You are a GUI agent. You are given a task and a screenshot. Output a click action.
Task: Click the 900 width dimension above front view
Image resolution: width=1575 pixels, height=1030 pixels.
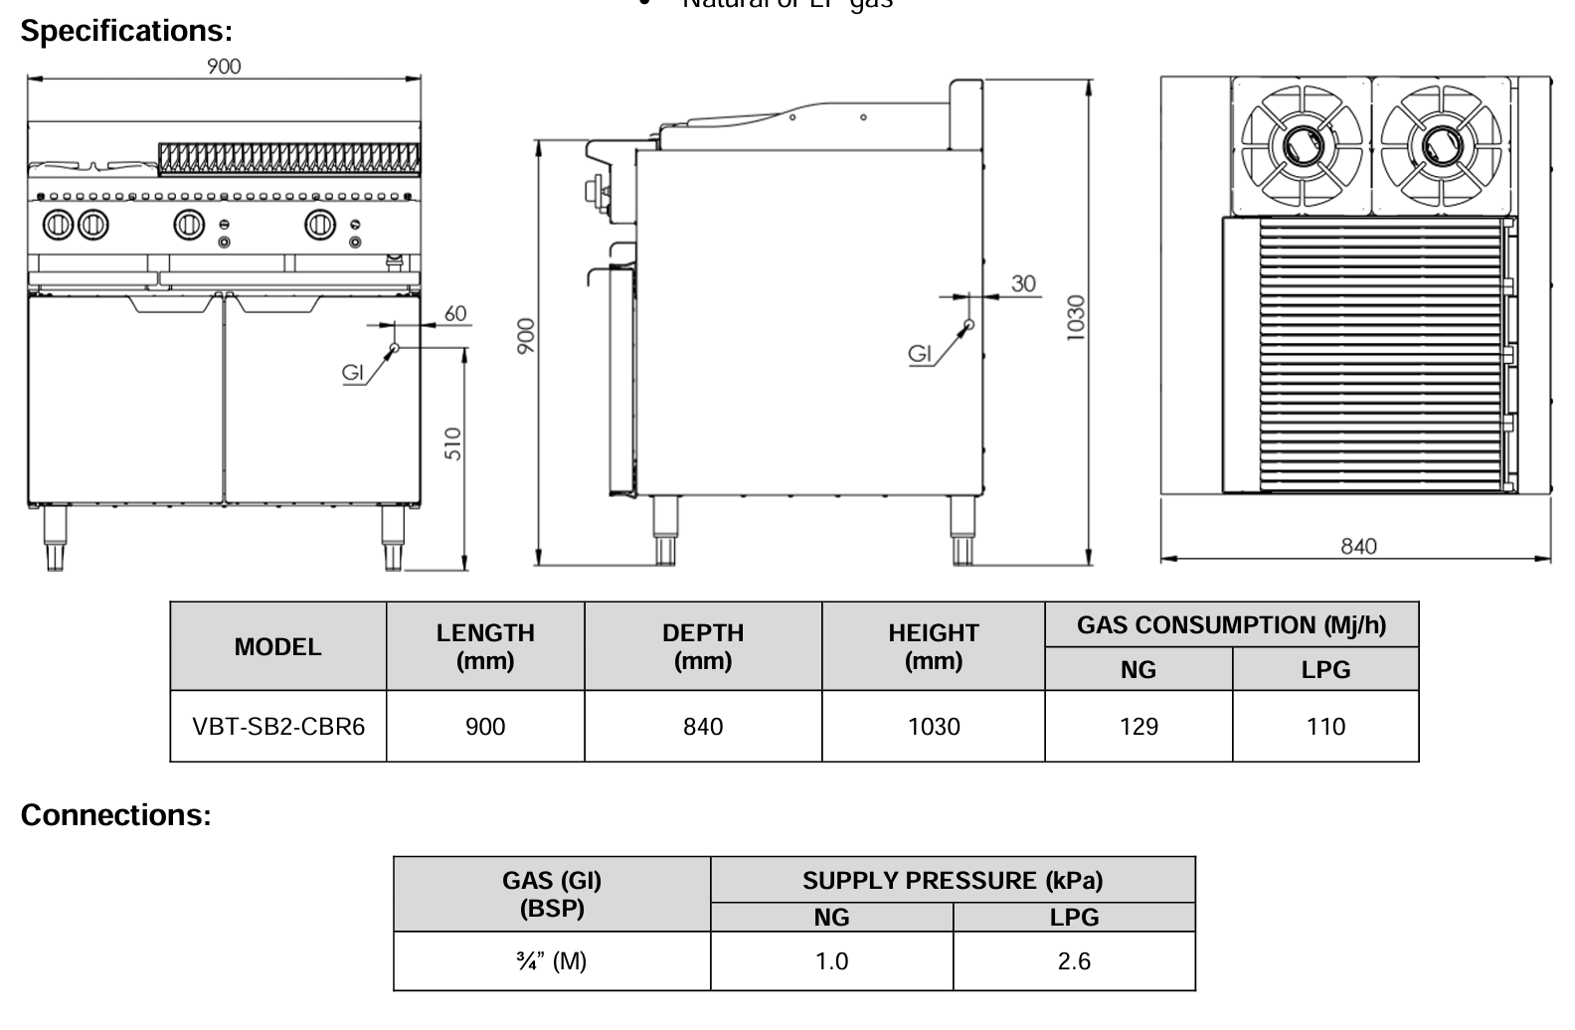(x=224, y=66)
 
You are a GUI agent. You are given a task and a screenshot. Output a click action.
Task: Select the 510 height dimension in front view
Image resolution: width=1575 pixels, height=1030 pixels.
(x=453, y=442)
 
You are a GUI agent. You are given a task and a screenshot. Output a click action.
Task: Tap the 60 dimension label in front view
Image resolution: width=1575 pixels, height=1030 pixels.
(x=454, y=313)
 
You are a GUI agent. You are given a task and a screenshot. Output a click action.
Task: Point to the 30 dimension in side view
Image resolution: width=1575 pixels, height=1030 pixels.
(x=1024, y=283)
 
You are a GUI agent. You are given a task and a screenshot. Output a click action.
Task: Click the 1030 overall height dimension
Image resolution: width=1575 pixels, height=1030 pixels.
(x=1075, y=318)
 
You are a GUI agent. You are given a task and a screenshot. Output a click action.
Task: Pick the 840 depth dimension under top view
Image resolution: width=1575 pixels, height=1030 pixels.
(x=1358, y=546)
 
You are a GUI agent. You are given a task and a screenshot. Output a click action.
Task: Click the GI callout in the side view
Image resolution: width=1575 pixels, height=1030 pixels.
(x=920, y=353)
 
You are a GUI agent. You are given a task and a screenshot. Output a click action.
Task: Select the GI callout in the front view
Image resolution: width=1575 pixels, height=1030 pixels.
(x=353, y=372)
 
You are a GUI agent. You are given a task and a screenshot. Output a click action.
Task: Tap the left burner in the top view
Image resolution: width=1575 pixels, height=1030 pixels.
(x=1301, y=147)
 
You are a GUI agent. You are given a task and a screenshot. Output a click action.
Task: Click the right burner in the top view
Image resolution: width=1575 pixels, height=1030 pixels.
(x=1441, y=147)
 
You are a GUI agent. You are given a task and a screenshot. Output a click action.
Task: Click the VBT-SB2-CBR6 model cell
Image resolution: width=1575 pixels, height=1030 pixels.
(x=278, y=727)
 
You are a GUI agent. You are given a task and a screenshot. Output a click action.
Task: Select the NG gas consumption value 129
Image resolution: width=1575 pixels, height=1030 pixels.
(x=1138, y=727)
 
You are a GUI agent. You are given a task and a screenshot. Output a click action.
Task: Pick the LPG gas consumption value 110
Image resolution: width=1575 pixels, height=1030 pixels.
(x=1325, y=727)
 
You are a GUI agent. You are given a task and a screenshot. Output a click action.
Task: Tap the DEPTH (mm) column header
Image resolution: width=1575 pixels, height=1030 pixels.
(x=703, y=646)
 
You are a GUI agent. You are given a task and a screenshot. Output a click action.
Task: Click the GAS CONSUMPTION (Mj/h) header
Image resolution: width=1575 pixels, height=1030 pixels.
(x=1231, y=625)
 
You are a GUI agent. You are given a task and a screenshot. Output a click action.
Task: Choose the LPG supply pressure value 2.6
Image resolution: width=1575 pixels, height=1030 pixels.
(x=1074, y=961)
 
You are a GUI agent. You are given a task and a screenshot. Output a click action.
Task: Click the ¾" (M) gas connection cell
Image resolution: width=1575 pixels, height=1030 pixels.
(x=552, y=961)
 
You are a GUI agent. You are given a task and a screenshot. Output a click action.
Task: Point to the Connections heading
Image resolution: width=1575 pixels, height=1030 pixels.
(x=116, y=815)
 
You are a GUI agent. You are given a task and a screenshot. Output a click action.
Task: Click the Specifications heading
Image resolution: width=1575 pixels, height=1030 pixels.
(x=126, y=31)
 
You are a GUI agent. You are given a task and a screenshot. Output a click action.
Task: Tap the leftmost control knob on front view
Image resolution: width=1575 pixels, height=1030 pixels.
(x=57, y=225)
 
